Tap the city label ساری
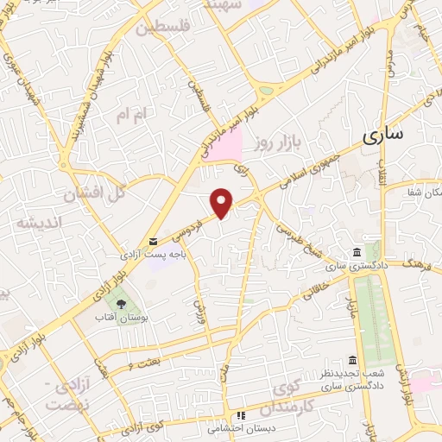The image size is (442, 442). (x=382, y=136)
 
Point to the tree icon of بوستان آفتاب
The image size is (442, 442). (x=122, y=304)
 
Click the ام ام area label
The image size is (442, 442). (x=135, y=114)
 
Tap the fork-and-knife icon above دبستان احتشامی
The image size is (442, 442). (x=243, y=414)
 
